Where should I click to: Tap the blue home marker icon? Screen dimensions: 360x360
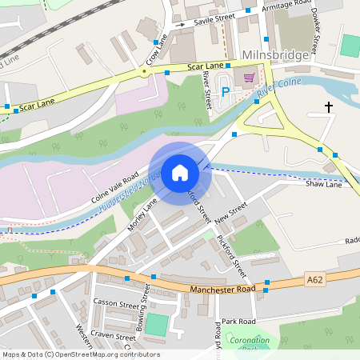pyautogui.click(x=180, y=173)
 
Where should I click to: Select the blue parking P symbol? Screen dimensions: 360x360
pyautogui.click(x=226, y=91)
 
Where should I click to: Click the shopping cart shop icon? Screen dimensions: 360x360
pyautogui.click(x=249, y=78)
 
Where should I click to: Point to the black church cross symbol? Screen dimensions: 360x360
pyautogui.click(x=328, y=106)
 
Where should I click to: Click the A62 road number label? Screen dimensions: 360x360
pyautogui.click(x=315, y=279)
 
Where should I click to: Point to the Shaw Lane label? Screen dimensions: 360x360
pyautogui.click(x=323, y=184)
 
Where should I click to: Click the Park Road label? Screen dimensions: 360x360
pyautogui.click(x=238, y=320)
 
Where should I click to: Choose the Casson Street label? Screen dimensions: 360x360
pyautogui.click(x=117, y=303)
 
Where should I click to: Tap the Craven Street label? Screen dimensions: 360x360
pyautogui.click(x=113, y=335)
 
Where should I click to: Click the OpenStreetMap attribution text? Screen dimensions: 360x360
pyautogui.click(x=81, y=354)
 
